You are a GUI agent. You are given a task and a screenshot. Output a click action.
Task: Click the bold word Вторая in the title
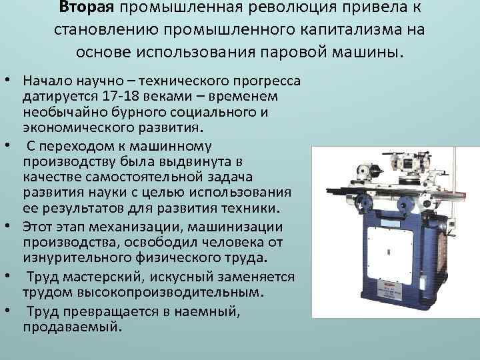click(86, 7)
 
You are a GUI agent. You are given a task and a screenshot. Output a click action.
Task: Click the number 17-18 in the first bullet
click(121, 96)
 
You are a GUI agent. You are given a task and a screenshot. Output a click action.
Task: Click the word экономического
click(79, 127)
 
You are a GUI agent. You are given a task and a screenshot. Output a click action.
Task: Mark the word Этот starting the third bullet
click(41, 227)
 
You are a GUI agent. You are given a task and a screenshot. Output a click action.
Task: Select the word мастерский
click(103, 277)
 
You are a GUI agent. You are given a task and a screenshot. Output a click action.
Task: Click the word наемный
click(207, 312)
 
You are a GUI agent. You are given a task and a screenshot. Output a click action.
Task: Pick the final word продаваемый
click(73, 327)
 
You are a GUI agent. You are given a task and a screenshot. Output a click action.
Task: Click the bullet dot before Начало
click(7, 81)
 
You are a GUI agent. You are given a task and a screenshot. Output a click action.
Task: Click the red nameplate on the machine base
click(389, 291)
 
